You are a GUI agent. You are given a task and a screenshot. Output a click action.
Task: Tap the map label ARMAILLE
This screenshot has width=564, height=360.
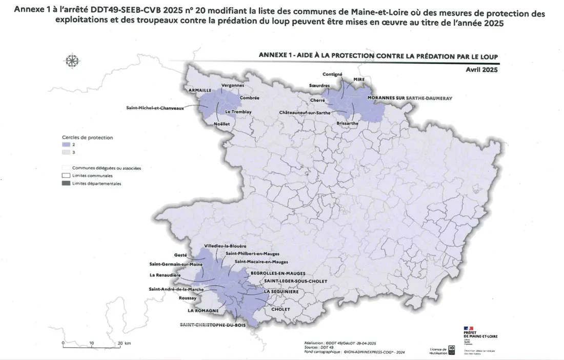201,90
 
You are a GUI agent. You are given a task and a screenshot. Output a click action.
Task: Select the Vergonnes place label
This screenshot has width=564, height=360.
233,85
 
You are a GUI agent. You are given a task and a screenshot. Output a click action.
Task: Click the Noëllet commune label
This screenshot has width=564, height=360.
223,124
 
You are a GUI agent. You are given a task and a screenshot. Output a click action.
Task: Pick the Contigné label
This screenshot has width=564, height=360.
332,74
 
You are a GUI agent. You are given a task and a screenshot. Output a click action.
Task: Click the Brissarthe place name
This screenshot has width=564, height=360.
348,124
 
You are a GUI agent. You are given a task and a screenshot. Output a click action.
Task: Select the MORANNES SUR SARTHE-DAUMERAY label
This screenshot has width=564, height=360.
410,97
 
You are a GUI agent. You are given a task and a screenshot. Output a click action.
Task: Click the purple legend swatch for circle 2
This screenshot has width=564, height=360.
66,145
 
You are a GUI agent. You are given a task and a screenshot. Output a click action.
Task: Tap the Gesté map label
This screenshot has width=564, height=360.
180,255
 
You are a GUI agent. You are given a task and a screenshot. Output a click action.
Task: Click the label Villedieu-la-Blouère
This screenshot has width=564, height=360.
227,246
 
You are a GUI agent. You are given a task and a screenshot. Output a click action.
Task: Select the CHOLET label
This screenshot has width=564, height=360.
281,309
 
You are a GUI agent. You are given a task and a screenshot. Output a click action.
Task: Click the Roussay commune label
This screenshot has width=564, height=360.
188,298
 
